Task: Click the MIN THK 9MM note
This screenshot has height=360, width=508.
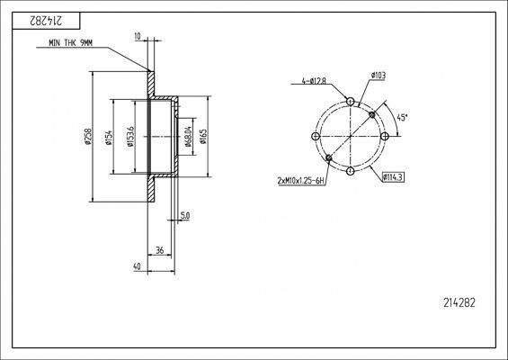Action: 71,43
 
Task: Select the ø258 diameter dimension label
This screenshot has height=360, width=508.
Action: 88,137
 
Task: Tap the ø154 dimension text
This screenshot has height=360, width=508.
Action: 108,138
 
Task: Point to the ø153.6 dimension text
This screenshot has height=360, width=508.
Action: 130,137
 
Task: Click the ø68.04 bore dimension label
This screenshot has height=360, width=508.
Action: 188,136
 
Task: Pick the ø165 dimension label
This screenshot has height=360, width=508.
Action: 203,137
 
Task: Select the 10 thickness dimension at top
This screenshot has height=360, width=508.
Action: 138,36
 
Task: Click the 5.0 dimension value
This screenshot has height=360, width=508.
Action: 185,215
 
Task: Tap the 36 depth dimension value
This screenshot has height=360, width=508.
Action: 160,250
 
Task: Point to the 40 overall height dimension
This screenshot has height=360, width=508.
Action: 137,266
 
